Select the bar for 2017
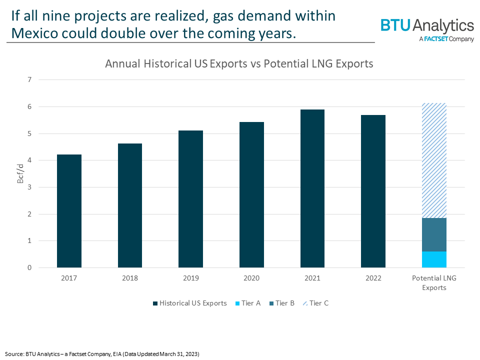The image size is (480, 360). (x=69, y=211)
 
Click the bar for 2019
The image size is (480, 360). (x=191, y=199)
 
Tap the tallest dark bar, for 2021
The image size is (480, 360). (x=312, y=188)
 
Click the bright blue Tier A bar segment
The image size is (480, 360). (x=434, y=259)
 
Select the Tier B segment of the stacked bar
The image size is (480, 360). (x=434, y=234)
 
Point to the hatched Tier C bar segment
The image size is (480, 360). (x=434, y=160)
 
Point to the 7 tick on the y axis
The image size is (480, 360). (x=29, y=80)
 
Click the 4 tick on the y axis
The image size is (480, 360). (x=29, y=160)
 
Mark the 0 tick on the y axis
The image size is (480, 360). (x=29, y=267)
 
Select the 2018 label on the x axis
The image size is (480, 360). (x=130, y=278)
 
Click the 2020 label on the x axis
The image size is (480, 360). (x=251, y=278)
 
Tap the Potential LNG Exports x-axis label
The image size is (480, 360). (x=434, y=282)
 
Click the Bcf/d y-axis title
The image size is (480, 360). (x=20, y=173)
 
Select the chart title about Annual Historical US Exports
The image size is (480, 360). (x=239, y=64)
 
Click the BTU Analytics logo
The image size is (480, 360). (x=427, y=28)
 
